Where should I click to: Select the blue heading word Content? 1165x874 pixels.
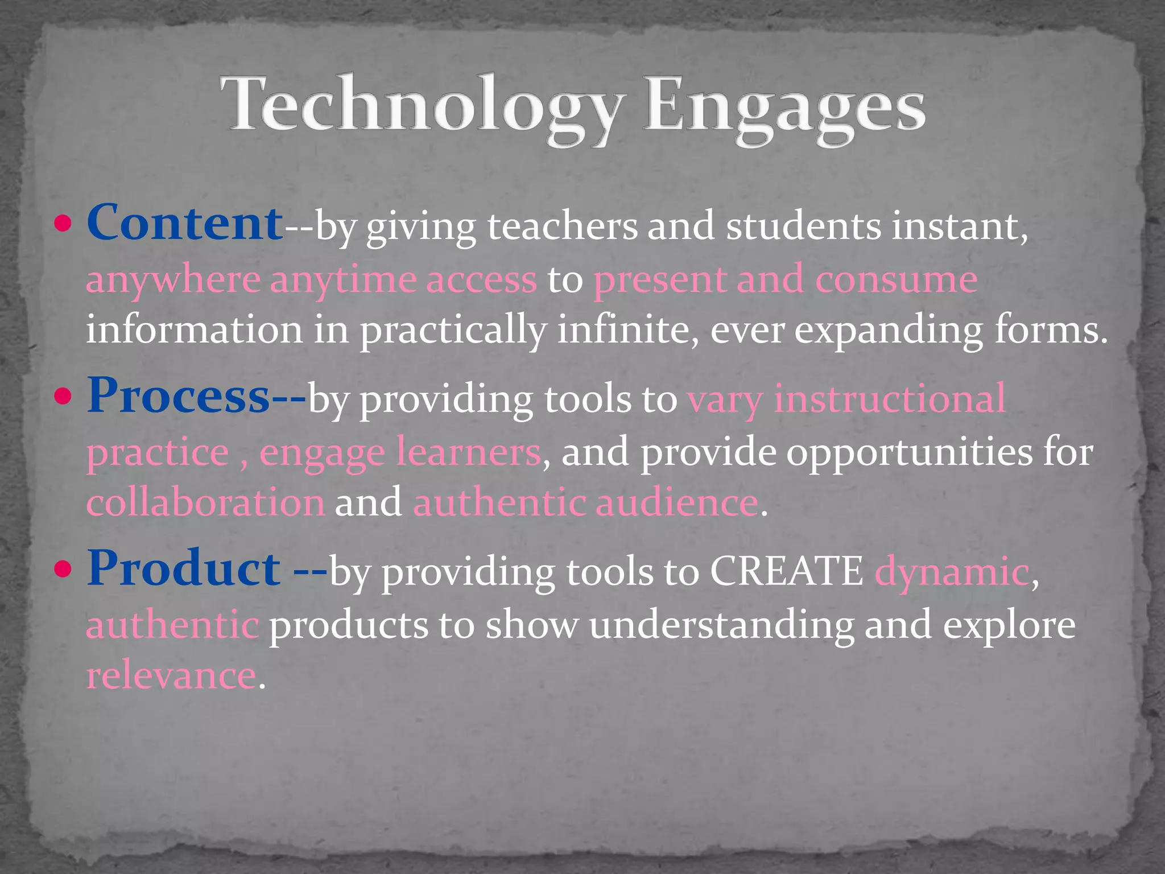tap(184, 223)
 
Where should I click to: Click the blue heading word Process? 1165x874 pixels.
tap(177, 396)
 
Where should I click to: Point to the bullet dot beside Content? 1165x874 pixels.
tap(64, 224)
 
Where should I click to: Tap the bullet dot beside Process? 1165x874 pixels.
tap(64, 397)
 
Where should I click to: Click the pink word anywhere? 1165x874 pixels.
tap(173, 280)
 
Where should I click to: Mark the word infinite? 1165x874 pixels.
tap(623, 330)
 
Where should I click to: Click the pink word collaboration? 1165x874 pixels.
tap(205, 503)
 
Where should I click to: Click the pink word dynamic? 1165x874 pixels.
tap(951, 572)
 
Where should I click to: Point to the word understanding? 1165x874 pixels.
tap(721, 625)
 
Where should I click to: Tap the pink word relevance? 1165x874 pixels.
tap(171, 676)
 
